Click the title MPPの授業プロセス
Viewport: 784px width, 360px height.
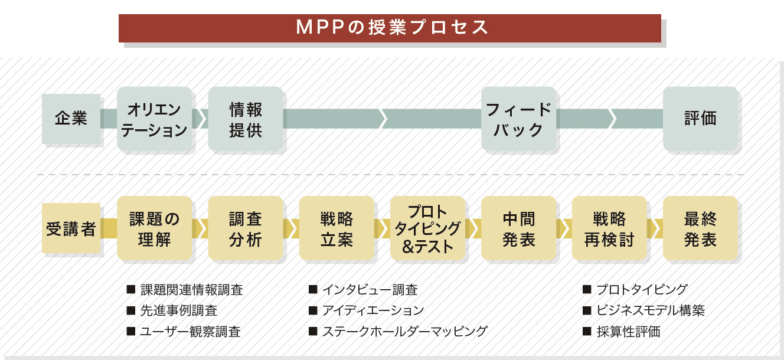coord(390,28)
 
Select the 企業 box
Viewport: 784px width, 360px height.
coord(71,119)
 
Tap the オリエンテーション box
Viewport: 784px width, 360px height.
coord(155,119)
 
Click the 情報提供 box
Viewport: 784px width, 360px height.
coord(246,119)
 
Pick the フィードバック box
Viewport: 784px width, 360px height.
coord(518,119)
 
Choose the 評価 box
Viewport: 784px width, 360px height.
coord(700,119)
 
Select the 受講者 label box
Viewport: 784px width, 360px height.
coord(71,228)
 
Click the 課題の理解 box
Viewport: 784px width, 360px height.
coord(155,228)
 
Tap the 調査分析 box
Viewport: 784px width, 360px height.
coord(246,228)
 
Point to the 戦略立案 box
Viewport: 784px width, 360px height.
coord(337,228)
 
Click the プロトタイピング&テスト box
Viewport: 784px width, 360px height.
coord(427,228)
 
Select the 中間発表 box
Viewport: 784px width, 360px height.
coord(518,228)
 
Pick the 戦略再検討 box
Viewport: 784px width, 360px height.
coord(609,228)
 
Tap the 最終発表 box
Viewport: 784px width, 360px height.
coord(700,228)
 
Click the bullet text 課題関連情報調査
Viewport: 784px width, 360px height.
coord(191,290)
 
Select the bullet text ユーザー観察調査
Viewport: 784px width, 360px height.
coord(190,331)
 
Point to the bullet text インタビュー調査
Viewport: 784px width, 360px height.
coord(370,290)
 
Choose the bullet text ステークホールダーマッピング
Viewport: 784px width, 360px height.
coord(404,331)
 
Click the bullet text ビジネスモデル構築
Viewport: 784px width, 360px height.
coord(650,310)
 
